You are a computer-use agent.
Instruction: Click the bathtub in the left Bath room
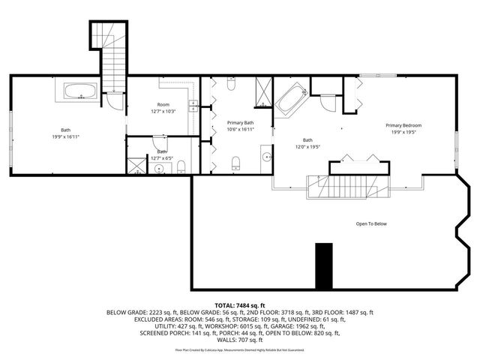pyautogui.click(x=79, y=92)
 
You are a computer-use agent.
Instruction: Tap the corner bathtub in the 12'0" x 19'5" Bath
pyautogui.click(x=291, y=100)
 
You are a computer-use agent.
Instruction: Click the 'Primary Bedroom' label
pyautogui.click(x=403, y=125)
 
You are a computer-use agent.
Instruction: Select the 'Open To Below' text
pyautogui.click(x=371, y=223)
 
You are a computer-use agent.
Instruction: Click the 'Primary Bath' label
pyautogui.click(x=240, y=122)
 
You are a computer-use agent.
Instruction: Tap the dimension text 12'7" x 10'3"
pyautogui.click(x=163, y=112)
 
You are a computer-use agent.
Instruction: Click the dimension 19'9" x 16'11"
pyautogui.click(x=66, y=137)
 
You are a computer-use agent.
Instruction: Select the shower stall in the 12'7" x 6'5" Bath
pyautogui.click(x=137, y=166)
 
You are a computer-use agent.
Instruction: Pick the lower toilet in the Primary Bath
pyautogui.click(x=235, y=162)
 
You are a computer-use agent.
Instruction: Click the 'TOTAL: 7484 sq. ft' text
pyautogui.click(x=240, y=305)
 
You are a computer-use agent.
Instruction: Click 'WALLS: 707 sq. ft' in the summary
pyautogui.click(x=240, y=340)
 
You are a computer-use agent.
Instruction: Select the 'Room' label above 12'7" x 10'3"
pyautogui.click(x=163, y=104)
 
